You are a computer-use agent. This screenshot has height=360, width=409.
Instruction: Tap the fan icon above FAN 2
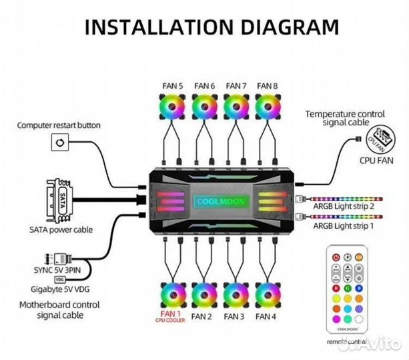[203, 295]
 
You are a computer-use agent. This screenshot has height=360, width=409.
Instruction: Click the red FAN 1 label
[171, 314]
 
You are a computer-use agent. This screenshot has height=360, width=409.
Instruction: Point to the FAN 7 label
[236, 85]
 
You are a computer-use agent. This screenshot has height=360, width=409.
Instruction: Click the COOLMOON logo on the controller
[220, 201]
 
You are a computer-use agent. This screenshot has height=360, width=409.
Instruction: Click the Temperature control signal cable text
[346, 118]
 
